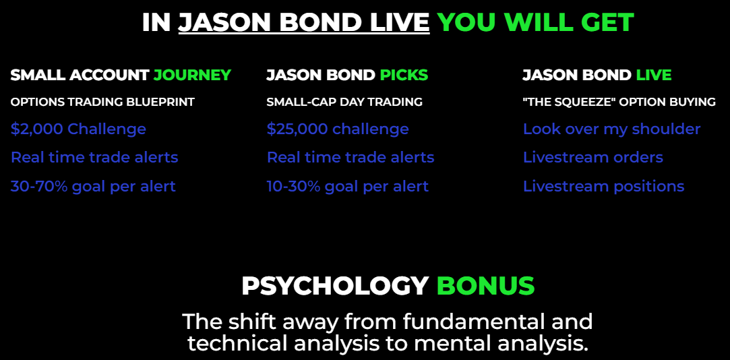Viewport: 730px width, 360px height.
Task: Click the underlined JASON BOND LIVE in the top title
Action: (x=303, y=22)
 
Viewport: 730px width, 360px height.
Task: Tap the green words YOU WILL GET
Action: (x=535, y=22)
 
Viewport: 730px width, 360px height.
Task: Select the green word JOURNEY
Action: (x=192, y=75)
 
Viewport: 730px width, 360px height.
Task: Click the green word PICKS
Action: (x=404, y=75)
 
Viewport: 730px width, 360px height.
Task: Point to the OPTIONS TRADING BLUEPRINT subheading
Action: (x=102, y=102)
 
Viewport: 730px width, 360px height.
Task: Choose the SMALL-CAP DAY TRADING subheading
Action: (x=344, y=102)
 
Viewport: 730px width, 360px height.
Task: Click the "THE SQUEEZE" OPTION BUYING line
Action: (x=619, y=102)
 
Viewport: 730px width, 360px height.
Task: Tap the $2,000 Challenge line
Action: (x=78, y=129)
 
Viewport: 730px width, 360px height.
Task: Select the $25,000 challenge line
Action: (x=338, y=129)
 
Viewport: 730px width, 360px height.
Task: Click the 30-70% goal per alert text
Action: (x=93, y=187)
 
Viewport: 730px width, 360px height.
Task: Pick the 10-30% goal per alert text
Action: (x=347, y=187)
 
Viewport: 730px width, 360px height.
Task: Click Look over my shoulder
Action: (x=612, y=129)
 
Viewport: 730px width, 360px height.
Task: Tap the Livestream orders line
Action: (x=593, y=157)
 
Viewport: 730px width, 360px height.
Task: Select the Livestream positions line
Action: (x=604, y=187)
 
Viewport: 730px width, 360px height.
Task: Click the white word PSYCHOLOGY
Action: (x=335, y=287)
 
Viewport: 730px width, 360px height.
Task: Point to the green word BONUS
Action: (x=485, y=287)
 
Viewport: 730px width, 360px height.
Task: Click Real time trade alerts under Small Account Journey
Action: (x=94, y=157)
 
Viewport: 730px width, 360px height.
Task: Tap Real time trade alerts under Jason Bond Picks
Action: (x=351, y=157)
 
